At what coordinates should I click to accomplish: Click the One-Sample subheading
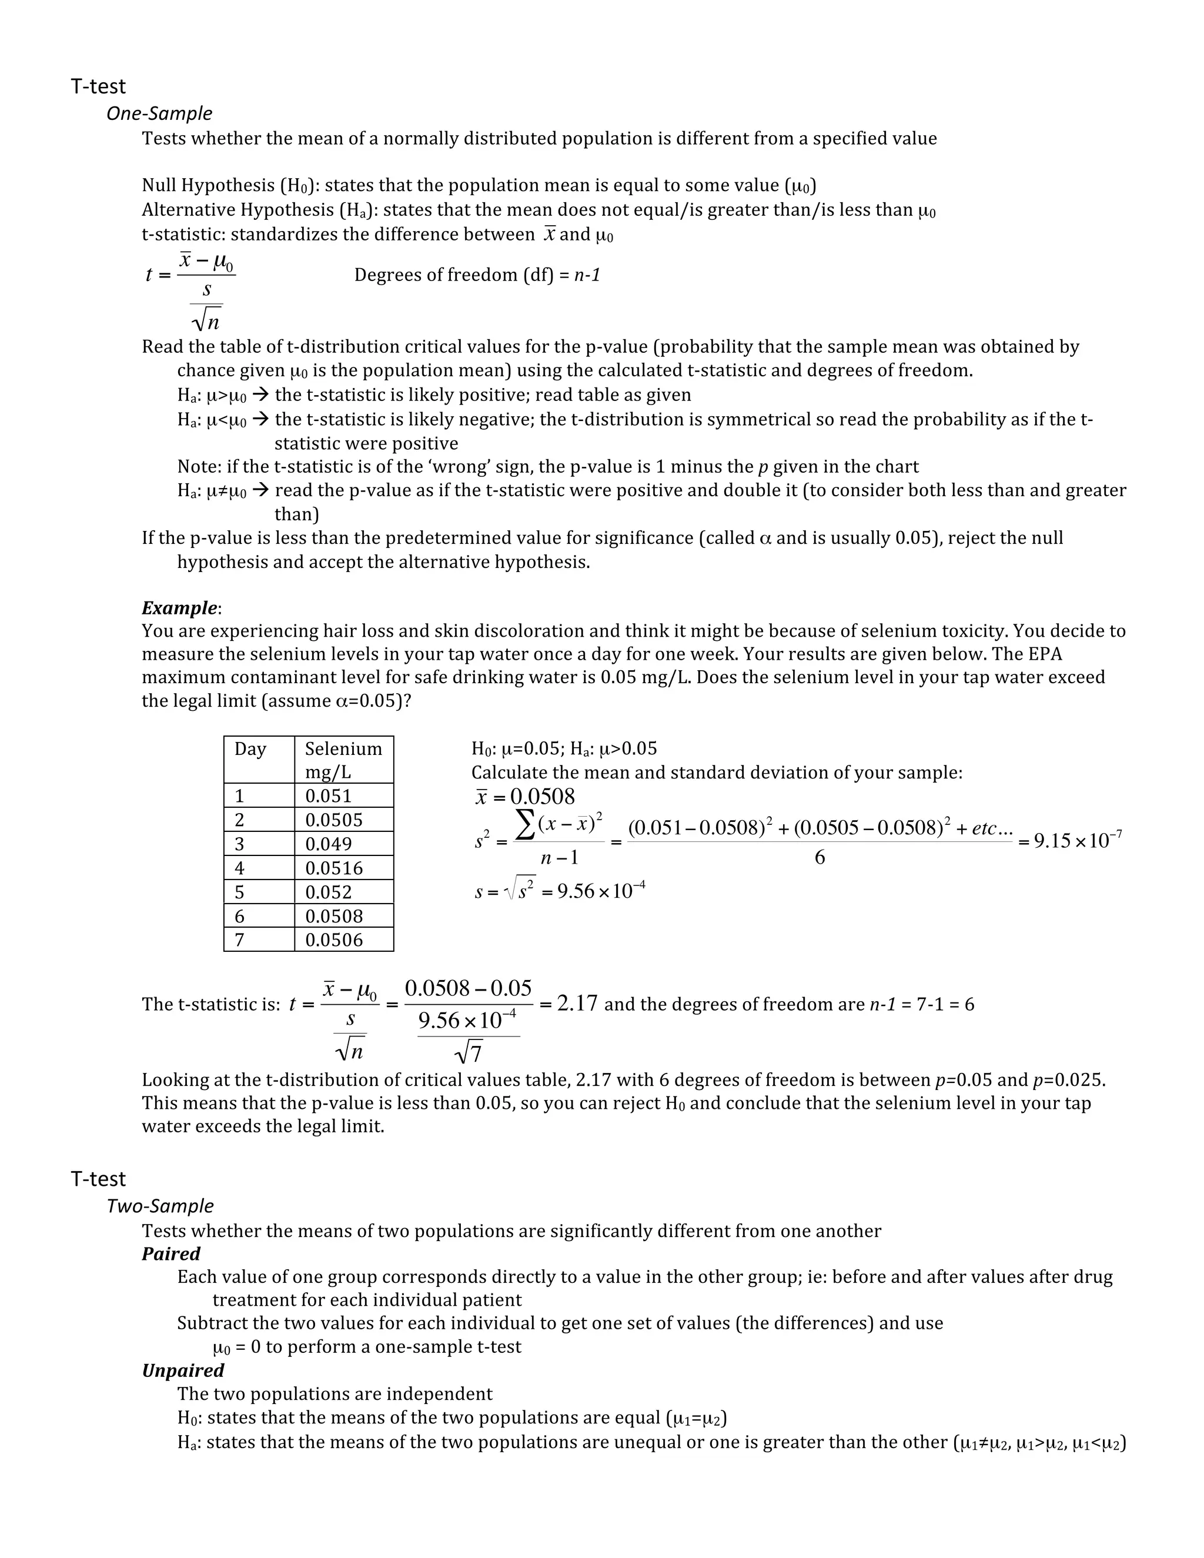click(159, 113)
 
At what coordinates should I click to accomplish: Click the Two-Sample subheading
click(160, 1206)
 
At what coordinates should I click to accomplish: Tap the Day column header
click(250, 749)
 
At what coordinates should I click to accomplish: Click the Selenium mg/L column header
click(343, 760)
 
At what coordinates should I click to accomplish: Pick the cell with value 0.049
click(328, 844)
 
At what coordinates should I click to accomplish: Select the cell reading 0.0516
click(334, 868)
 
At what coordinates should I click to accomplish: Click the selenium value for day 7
click(334, 940)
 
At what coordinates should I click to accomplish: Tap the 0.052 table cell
click(328, 892)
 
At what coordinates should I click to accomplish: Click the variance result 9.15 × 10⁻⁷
click(1077, 840)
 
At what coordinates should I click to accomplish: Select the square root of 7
click(469, 1052)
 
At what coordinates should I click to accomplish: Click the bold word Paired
click(170, 1253)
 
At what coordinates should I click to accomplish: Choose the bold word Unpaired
click(183, 1370)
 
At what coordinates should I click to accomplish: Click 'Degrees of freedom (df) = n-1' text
click(476, 275)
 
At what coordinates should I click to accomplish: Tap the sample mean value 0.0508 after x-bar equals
click(542, 797)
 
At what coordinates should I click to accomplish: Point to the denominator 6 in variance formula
click(820, 857)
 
